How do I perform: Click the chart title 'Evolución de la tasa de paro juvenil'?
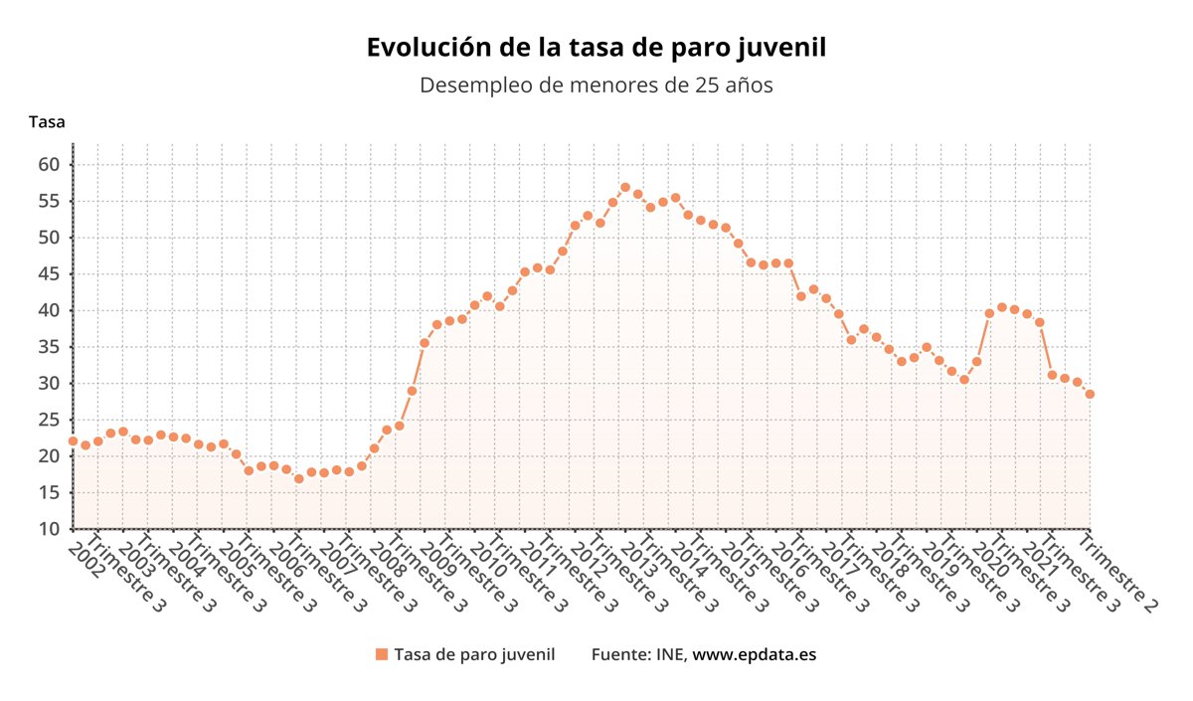(596, 48)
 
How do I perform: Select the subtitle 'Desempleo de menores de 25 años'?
(596, 86)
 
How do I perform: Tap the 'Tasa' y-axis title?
(47, 122)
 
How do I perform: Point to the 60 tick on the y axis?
(50, 164)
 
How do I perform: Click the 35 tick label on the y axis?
(50, 347)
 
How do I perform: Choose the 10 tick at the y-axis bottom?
(50, 529)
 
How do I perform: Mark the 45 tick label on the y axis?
(50, 273)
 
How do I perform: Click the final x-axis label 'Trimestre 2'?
(1118, 574)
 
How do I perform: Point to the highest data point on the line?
(625, 187)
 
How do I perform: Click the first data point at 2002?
(73, 440)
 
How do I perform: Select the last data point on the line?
(1090, 394)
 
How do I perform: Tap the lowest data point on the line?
(298, 479)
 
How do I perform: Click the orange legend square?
(381, 654)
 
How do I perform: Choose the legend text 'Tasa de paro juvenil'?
(474, 654)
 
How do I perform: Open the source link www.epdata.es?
(755, 654)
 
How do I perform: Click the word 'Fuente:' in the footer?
(619, 654)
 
